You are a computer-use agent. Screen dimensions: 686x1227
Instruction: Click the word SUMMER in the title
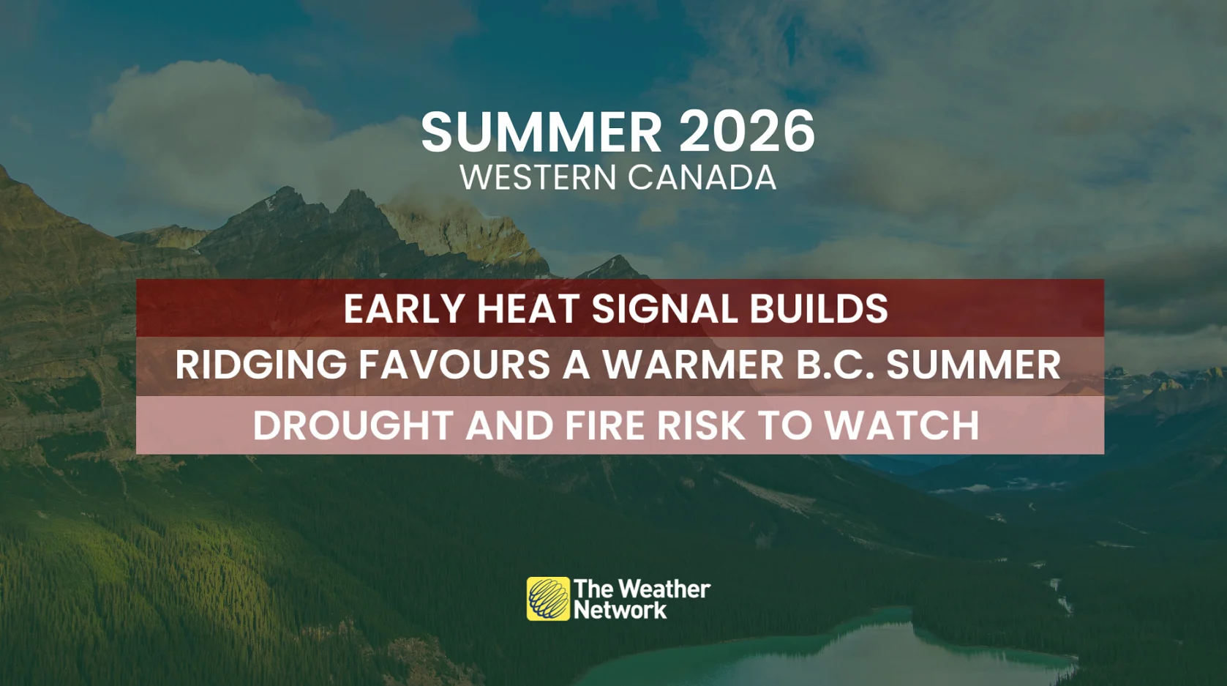point(541,133)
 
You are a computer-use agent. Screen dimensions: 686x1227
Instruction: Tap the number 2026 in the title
point(746,133)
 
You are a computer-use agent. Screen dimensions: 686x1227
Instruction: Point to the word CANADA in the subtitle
point(702,178)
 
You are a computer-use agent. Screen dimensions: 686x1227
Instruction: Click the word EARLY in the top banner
point(404,309)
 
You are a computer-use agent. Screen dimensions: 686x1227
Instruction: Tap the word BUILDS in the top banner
point(818,309)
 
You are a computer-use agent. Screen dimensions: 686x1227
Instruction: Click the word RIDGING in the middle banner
point(260,365)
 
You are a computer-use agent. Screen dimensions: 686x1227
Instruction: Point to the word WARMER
point(692,365)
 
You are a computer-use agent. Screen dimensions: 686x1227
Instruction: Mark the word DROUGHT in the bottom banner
point(353,426)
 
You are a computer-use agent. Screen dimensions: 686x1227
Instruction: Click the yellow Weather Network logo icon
point(548,599)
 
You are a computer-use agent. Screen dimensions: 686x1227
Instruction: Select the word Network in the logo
point(620,610)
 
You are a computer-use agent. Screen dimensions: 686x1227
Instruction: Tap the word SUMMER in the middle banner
point(973,365)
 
